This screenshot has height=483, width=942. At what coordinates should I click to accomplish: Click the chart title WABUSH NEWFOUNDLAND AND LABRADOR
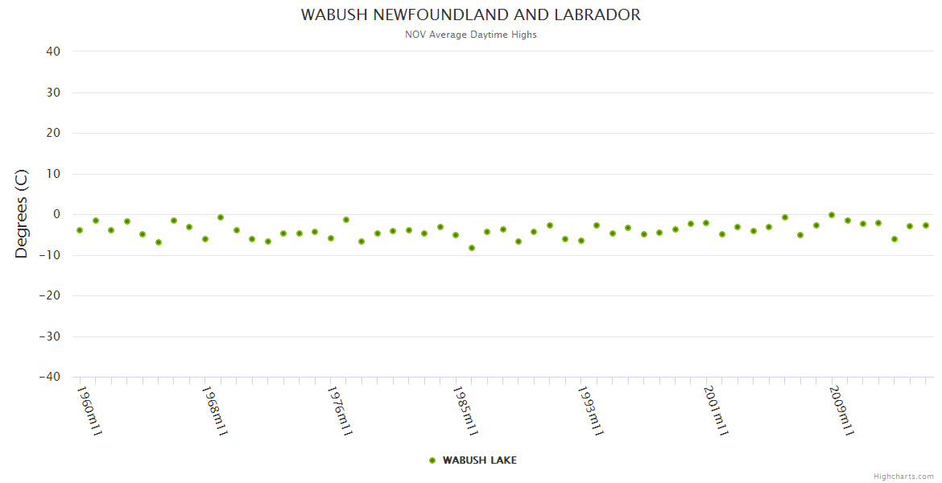point(471,15)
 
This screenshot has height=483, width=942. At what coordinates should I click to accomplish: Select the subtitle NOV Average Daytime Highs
point(471,35)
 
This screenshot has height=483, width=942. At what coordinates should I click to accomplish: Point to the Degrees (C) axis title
point(22,214)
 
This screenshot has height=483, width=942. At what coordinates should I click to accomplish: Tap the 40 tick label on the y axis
point(53,52)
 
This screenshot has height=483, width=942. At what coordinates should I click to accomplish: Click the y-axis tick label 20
point(53,133)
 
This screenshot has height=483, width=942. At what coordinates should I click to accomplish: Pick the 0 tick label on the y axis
point(57,214)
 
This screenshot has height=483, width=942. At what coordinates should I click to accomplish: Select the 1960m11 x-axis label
point(89,411)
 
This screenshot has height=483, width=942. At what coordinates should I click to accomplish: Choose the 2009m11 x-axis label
point(842,411)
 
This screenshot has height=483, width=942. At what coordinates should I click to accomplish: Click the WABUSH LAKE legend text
point(480,460)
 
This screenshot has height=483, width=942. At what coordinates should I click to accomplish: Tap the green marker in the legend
point(432,460)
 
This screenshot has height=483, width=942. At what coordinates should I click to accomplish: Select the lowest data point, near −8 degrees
point(472,248)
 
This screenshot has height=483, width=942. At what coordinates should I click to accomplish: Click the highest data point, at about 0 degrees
point(832,215)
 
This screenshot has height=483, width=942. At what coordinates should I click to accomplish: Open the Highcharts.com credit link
point(903,477)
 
